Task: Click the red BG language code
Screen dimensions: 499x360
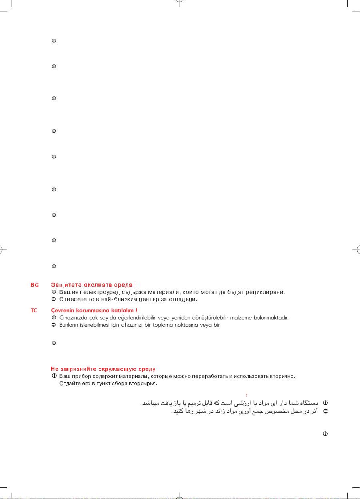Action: pyautogui.click(x=34, y=285)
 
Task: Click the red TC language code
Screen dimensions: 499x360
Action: pyautogui.click(x=34, y=311)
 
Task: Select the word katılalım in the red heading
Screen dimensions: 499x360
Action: pyautogui.click(x=122, y=311)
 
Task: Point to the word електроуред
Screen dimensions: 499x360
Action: pyautogui.click(x=100, y=292)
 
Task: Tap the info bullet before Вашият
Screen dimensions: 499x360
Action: pyautogui.click(x=54, y=292)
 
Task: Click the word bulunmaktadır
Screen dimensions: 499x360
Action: pyautogui.click(x=271, y=318)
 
